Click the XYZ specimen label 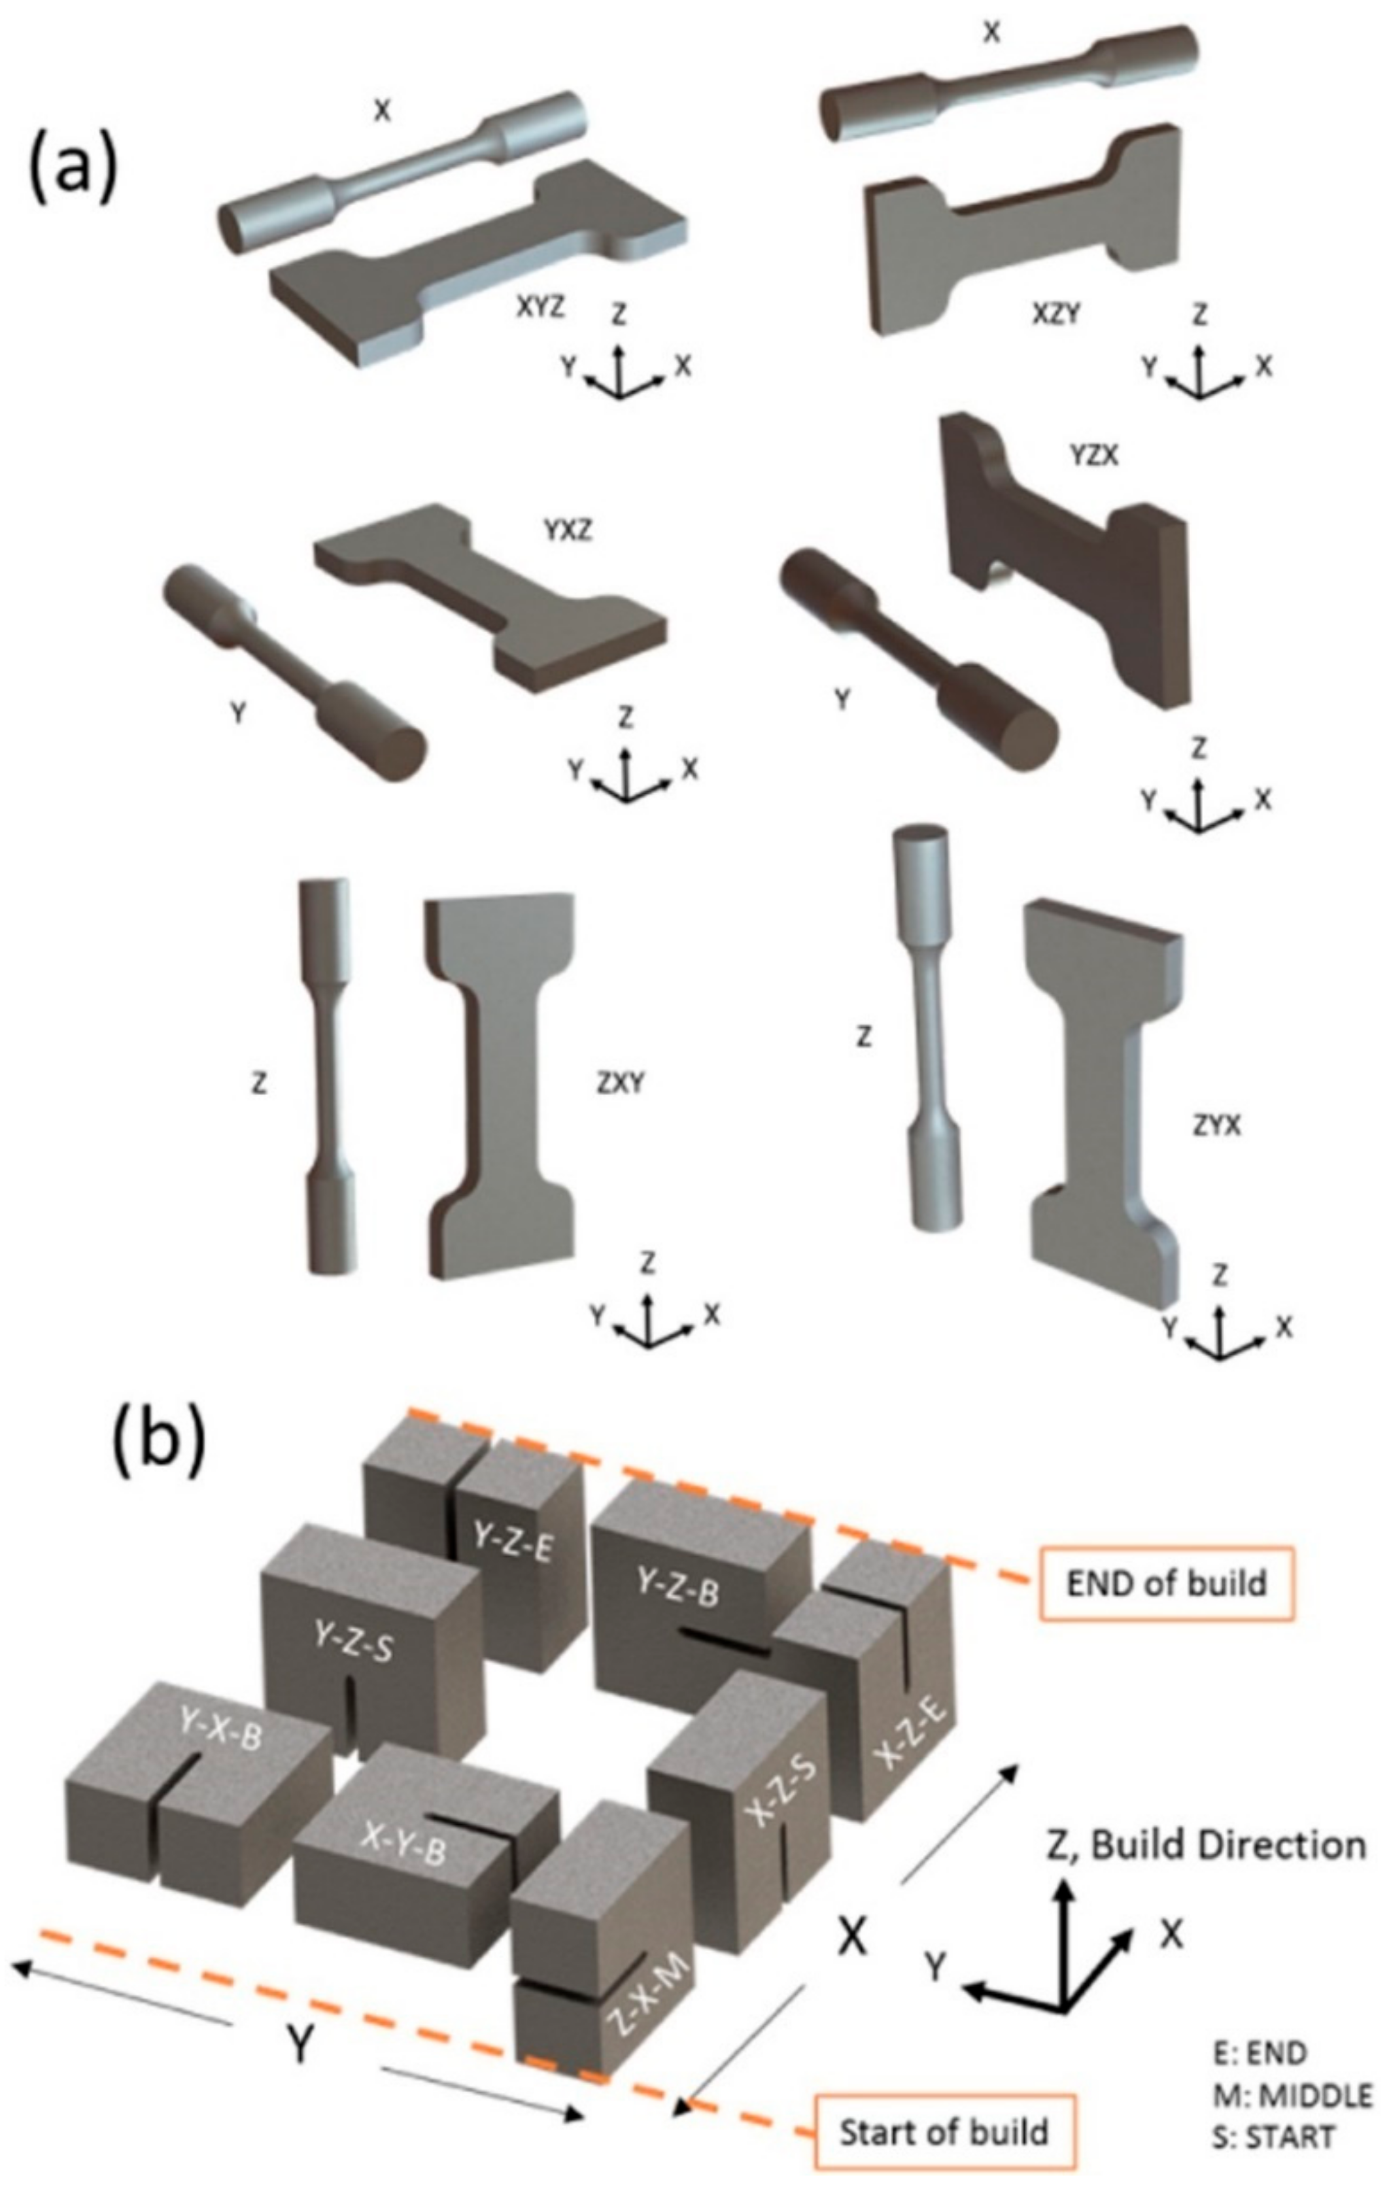click(x=540, y=307)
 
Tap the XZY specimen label click(x=1056, y=314)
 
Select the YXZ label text click(x=568, y=529)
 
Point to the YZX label click(x=1093, y=456)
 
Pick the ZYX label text click(x=1216, y=1125)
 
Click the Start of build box click(x=944, y=2124)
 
